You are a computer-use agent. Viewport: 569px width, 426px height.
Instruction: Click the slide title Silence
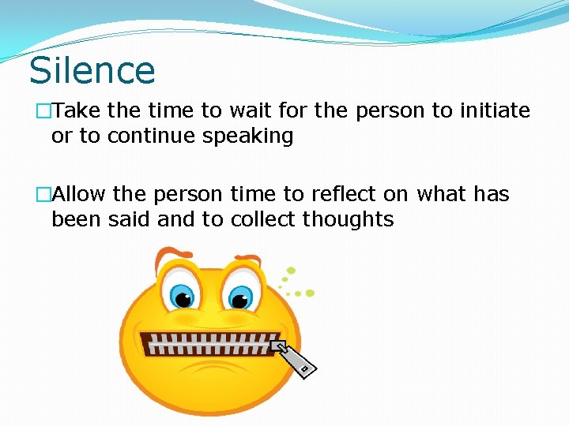(x=92, y=70)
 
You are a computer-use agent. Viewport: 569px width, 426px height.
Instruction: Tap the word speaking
(x=248, y=136)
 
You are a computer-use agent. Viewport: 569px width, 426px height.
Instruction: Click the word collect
(x=260, y=219)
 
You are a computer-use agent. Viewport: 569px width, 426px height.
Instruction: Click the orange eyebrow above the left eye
(x=173, y=256)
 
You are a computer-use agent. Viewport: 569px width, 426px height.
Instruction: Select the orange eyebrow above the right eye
(x=246, y=258)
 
